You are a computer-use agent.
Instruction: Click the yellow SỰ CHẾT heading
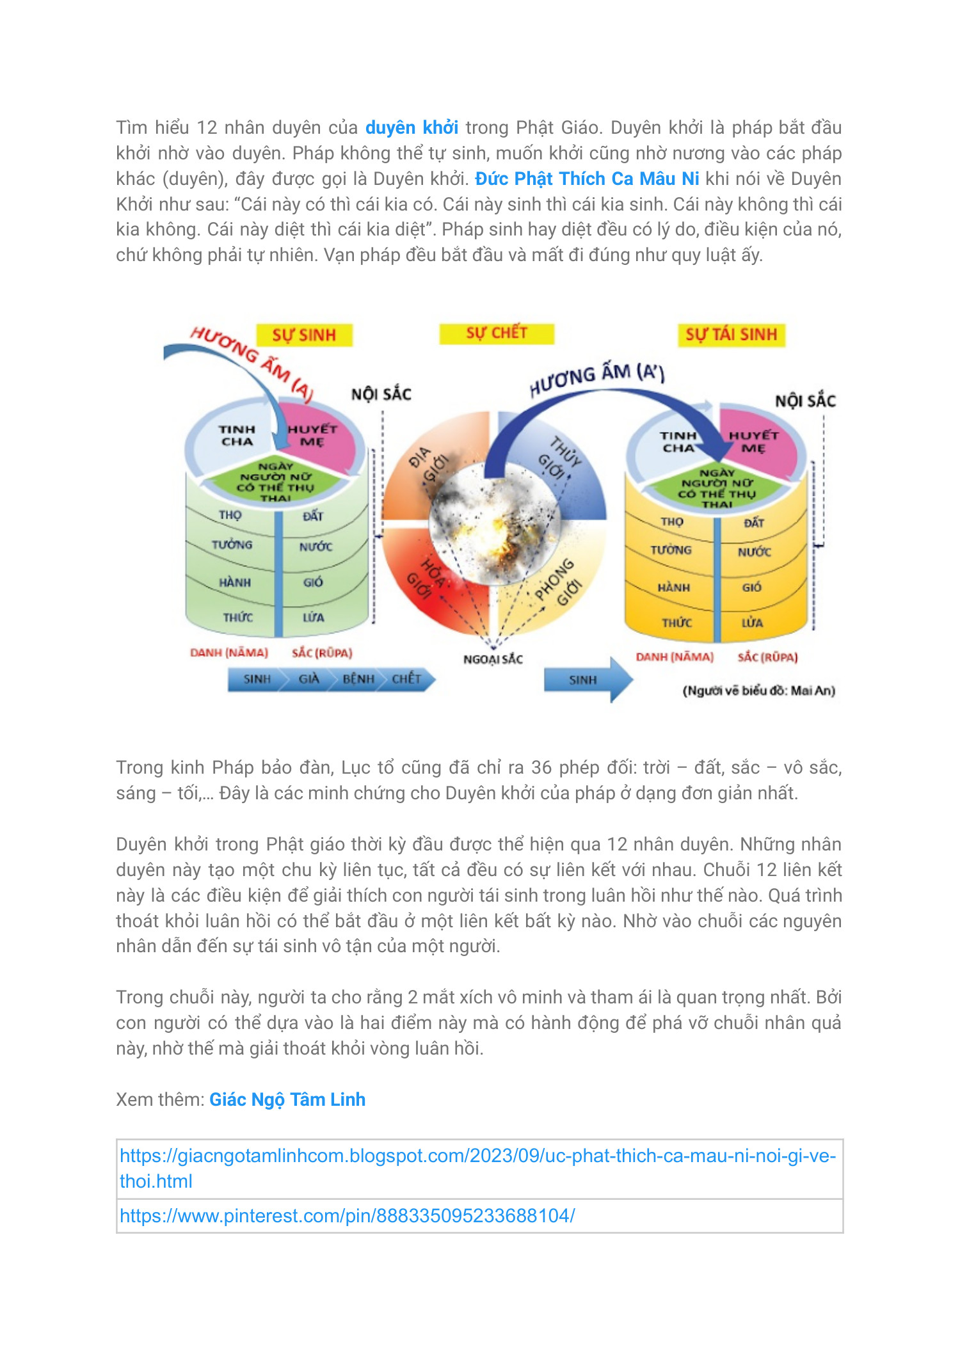click(x=497, y=333)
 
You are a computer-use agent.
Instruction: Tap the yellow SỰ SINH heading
click(x=304, y=335)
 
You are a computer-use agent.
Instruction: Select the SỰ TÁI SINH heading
click(x=731, y=335)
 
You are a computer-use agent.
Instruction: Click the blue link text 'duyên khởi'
click(x=412, y=128)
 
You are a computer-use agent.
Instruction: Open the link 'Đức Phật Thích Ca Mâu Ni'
click(x=587, y=179)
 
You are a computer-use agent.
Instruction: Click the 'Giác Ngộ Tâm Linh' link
click(x=287, y=1099)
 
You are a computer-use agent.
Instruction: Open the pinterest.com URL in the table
click(x=348, y=1216)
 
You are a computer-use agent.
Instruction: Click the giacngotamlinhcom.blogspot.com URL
click(x=477, y=1156)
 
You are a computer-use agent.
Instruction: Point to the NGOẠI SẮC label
click(x=493, y=659)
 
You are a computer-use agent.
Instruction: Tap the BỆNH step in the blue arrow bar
click(x=358, y=679)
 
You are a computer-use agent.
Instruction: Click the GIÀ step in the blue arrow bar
click(x=308, y=679)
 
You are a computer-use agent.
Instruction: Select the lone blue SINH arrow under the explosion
click(x=584, y=680)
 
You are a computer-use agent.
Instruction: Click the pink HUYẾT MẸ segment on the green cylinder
click(x=313, y=436)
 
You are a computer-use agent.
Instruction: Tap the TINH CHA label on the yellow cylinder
click(x=678, y=442)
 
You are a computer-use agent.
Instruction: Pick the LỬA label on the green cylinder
click(x=313, y=618)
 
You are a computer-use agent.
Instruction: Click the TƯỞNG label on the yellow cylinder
click(x=671, y=550)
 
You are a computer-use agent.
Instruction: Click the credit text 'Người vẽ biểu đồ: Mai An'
click(x=758, y=690)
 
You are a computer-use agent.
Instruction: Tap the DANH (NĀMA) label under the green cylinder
click(x=229, y=653)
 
